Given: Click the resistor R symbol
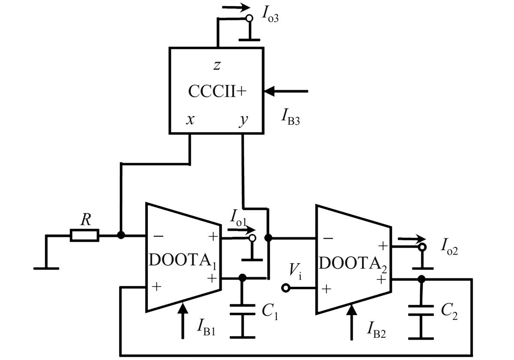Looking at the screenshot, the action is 84,235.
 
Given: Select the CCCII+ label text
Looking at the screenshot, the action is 217,91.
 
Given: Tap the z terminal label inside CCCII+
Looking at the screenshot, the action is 217,65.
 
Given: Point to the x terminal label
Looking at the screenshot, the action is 190,120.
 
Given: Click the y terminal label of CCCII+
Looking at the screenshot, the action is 243,120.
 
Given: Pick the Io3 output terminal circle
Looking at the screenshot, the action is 249,18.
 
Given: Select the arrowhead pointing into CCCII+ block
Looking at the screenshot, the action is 269,91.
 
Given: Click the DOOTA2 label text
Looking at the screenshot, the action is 353,264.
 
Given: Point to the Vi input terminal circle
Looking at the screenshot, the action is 286,288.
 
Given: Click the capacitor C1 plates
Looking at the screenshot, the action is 242,309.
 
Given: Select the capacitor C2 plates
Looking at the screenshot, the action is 421,310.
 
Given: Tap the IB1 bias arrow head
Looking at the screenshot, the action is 182,308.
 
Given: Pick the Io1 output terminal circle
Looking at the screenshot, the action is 252,238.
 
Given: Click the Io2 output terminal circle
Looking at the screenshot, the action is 422,247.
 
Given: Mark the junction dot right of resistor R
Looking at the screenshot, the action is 121,235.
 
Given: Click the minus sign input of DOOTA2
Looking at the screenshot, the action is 328,238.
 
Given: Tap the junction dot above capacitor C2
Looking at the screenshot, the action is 421,279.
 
